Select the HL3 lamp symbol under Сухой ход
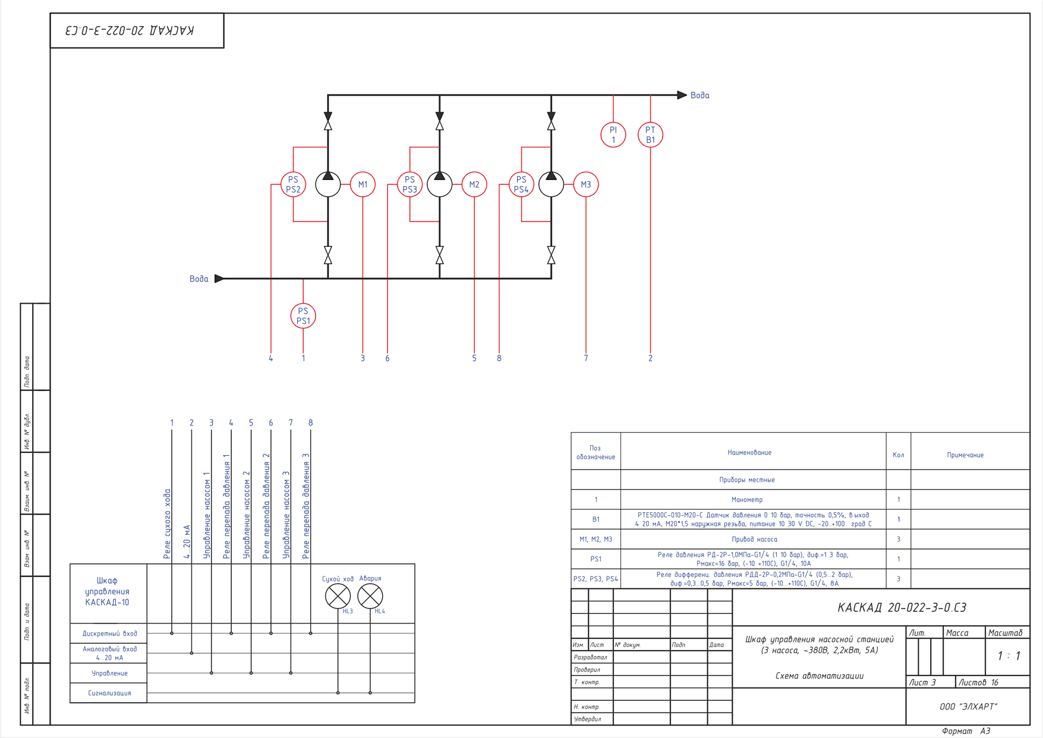point(338,596)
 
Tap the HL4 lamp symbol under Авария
point(370,596)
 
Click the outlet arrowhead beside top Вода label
point(682,95)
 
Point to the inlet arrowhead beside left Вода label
point(219,278)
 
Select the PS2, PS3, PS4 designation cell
point(595,579)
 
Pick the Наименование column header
point(749,453)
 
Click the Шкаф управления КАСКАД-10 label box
point(108,593)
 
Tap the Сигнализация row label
point(109,693)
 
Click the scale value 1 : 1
point(1009,656)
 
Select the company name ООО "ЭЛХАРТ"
point(968,707)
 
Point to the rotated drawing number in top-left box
point(130,30)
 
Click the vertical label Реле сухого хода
point(167,524)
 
